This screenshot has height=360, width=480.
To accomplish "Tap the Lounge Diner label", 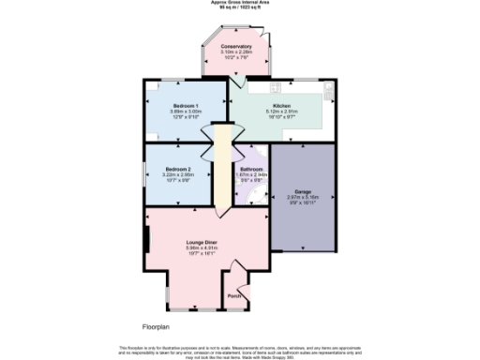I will [x=201, y=241].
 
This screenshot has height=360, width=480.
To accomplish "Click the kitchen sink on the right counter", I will [x=327, y=90].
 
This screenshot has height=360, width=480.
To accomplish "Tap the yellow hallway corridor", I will [x=223, y=169].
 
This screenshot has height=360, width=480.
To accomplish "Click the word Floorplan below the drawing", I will [x=156, y=327].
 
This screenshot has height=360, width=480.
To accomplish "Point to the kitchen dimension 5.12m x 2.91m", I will [x=282, y=112].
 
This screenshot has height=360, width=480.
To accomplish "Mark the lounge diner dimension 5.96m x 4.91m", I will [x=201, y=247].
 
